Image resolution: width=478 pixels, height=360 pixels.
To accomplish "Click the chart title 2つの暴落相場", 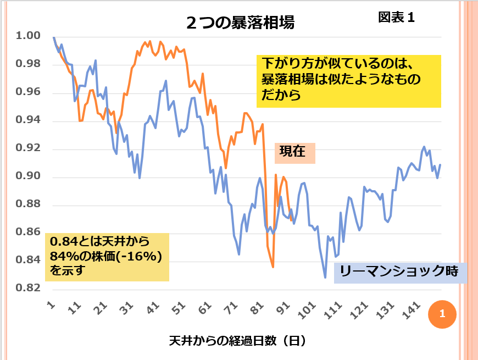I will (240, 23).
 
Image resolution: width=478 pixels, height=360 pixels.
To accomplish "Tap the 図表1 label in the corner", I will (396, 18).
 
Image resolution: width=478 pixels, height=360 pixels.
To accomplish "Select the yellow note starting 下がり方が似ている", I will (349, 80).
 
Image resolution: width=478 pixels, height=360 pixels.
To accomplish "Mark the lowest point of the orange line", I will (273, 267).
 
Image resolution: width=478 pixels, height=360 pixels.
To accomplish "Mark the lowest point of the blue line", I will (325, 278).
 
